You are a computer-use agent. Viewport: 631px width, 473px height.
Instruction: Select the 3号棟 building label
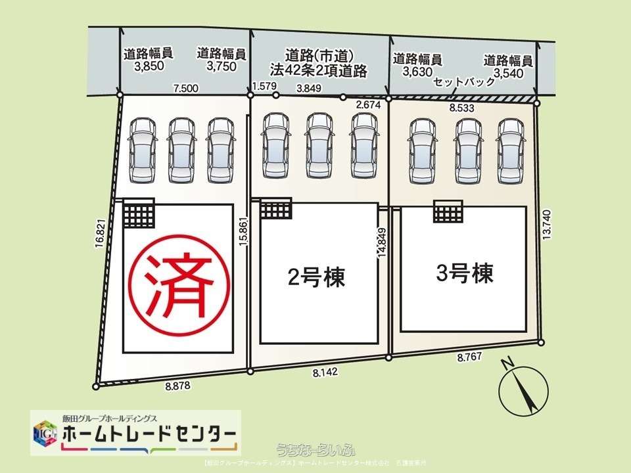click(x=464, y=273)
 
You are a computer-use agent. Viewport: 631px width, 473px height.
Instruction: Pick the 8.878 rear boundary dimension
click(x=178, y=386)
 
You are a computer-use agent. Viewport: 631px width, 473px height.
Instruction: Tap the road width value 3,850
click(x=148, y=66)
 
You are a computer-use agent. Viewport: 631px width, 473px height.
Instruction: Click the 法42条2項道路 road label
click(x=319, y=70)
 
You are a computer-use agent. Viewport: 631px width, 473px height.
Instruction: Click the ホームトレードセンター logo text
click(x=149, y=434)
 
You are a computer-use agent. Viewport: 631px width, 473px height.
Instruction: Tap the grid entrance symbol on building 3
click(x=450, y=214)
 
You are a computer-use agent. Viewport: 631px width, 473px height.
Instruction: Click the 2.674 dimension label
click(x=369, y=104)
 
